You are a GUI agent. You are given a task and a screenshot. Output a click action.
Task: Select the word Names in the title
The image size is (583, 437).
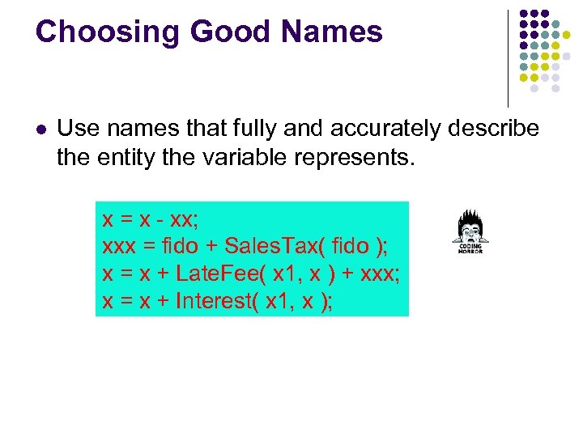tap(333, 32)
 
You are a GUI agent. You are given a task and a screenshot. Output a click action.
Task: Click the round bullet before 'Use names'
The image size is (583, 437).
tap(41, 129)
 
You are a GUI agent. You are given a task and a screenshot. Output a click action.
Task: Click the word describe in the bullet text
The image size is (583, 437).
tap(494, 128)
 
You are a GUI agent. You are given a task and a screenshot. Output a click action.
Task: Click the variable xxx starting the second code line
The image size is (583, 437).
tap(118, 245)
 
